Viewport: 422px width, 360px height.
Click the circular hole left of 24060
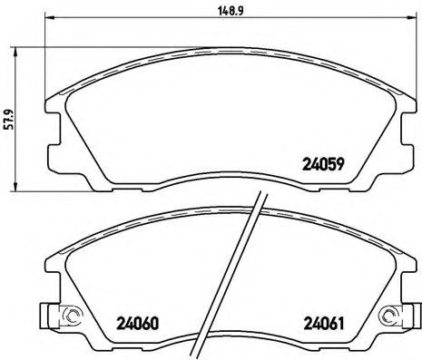(69, 316)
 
